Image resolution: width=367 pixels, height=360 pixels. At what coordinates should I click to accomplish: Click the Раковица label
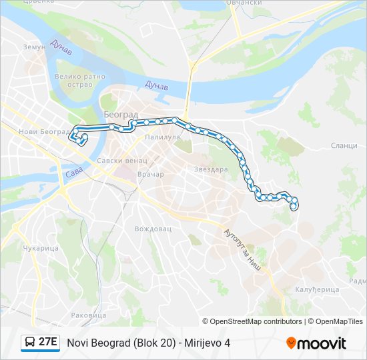88,315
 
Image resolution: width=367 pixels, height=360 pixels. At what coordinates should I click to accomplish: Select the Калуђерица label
317,289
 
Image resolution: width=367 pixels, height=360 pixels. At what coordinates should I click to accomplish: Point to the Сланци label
344,145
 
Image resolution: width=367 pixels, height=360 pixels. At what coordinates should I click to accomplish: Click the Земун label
34,47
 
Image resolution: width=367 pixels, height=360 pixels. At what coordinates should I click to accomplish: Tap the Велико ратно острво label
80,81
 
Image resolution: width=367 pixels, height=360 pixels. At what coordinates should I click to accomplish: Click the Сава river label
74,175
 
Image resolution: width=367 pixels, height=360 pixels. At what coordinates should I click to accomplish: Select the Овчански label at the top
243,3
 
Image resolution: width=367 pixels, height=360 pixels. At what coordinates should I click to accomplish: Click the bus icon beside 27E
30,343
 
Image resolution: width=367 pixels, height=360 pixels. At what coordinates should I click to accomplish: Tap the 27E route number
47,343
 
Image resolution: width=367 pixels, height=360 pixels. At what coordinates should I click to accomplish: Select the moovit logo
316,343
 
